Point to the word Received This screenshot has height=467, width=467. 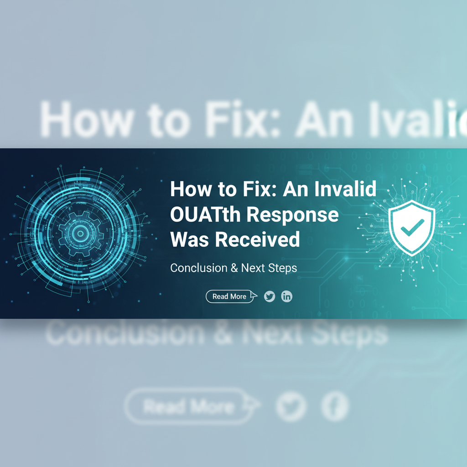pos(256,239)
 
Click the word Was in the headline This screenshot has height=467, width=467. pos(189,239)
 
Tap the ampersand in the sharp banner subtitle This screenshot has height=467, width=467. pos(234,268)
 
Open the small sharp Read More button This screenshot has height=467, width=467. pos(229,296)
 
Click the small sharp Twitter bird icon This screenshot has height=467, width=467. pos(270,296)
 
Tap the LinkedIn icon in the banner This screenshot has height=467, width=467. pos(286,296)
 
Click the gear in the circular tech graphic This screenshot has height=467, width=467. pos(80,233)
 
